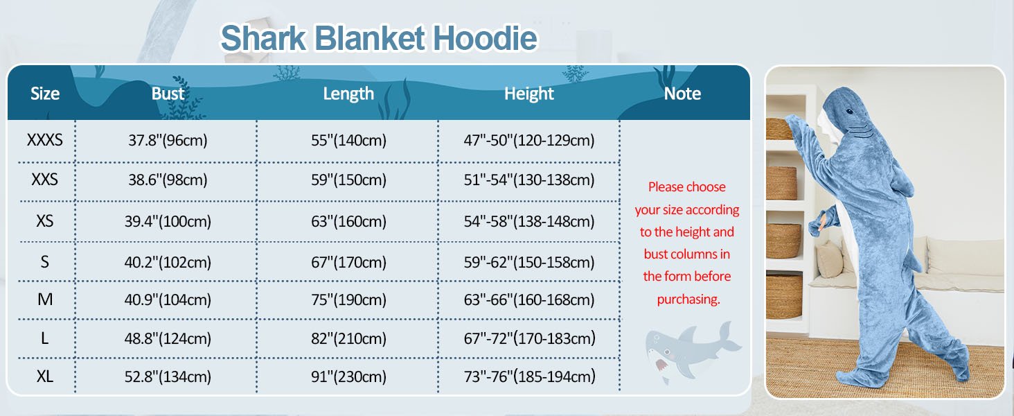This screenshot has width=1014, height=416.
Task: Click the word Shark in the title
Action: click(263, 38)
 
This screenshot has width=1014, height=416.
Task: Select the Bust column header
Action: click(168, 94)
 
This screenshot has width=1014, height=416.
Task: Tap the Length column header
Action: click(348, 94)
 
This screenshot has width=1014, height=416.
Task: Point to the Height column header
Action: click(529, 94)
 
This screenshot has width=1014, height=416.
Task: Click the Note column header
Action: click(682, 94)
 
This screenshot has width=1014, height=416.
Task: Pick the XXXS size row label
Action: click(45, 140)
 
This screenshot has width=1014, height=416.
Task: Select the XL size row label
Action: click(45, 376)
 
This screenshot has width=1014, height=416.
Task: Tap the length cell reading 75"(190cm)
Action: click(348, 300)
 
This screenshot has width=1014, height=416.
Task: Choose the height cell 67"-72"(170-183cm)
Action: click(529, 338)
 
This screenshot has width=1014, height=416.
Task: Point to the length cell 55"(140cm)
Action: click(348, 140)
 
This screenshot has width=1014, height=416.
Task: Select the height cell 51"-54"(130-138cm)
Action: click(529, 180)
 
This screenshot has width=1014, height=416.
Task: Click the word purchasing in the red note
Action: click(688, 300)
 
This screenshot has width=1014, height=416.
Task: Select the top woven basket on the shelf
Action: click(781, 128)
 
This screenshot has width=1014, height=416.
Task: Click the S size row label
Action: click(45, 262)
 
